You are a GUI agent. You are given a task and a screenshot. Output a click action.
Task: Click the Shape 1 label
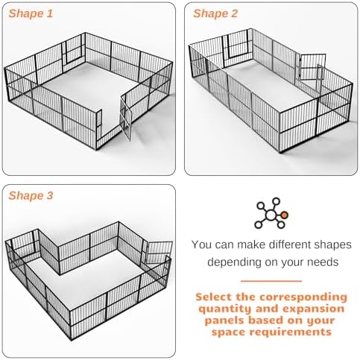(31, 13)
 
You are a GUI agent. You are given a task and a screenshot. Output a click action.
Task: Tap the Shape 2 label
(215, 13)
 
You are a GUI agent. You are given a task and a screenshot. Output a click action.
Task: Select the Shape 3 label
(31, 195)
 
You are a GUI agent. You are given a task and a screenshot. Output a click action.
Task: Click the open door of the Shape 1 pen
(126, 119)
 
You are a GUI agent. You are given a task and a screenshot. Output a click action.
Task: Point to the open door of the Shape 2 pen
(312, 67)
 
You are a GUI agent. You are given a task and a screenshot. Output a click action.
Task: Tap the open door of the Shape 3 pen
(158, 253)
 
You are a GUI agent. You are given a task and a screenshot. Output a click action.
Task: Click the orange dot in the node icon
(285, 215)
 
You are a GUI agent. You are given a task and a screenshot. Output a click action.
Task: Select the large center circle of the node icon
(271, 215)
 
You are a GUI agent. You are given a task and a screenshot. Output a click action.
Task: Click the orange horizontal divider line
(271, 281)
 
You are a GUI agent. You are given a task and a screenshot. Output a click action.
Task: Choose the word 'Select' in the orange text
(214, 297)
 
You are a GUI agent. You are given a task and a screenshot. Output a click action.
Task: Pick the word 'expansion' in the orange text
(314, 309)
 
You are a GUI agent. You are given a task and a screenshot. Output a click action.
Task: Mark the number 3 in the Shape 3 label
(50, 195)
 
